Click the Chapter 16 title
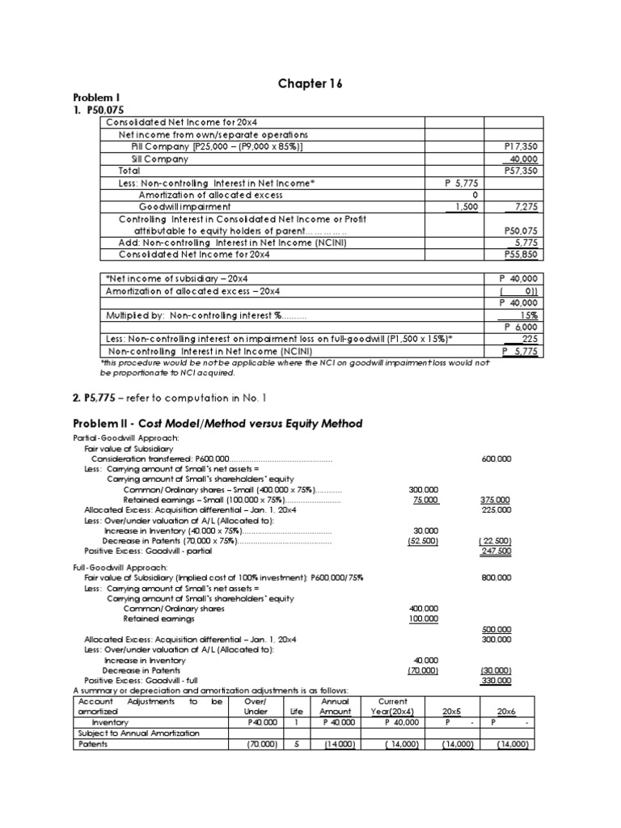[x=311, y=83]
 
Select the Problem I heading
[x=95, y=97]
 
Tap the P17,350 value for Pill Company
[x=522, y=147]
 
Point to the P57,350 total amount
[x=522, y=171]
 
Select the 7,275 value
[x=526, y=207]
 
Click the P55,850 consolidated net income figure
[x=522, y=254]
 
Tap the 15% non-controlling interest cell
[x=530, y=315]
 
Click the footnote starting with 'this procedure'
[x=294, y=368]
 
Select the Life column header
[x=297, y=712]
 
